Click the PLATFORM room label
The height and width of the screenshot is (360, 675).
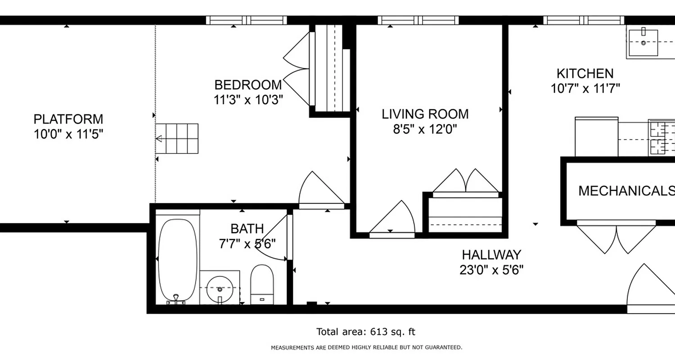(68, 119)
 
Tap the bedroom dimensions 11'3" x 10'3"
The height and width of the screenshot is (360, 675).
(248, 99)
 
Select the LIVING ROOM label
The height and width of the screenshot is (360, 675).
(425, 114)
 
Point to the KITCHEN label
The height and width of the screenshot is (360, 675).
(585, 73)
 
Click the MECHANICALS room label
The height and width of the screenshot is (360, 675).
(625, 191)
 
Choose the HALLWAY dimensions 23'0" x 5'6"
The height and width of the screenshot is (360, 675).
(491, 270)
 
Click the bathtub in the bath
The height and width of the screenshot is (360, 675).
(178, 260)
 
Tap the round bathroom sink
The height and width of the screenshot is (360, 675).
(220, 289)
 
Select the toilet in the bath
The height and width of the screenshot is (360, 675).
(262, 284)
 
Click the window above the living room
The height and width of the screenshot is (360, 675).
(418, 20)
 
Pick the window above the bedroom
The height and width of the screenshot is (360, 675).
(246, 20)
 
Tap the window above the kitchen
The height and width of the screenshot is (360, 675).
(584, 20)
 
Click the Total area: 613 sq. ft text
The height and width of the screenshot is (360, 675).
(365, 332)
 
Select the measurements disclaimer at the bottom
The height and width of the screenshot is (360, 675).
(366, 347)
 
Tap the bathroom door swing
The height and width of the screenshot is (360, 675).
(272, 238)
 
